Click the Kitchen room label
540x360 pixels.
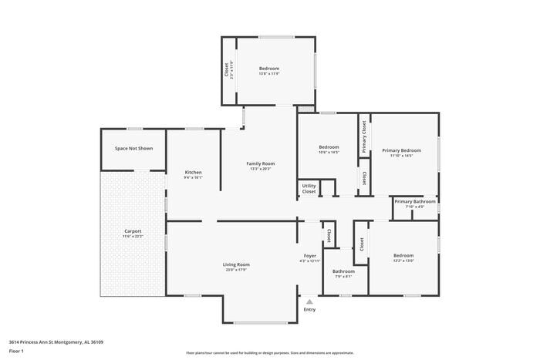pos(193,172)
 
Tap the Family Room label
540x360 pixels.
pos(260,163)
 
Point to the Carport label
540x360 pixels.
pos(133,230)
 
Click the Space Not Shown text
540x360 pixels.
pos(133,148)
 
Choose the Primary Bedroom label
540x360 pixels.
pos(401,150)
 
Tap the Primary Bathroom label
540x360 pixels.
pos(415,201)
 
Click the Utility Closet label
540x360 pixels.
pos(309,188)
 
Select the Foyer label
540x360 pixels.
pos(309,255)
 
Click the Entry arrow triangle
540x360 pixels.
pos(309,301)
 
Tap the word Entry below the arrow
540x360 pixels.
pos(309,309)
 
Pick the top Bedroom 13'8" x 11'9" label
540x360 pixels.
pos(269,69)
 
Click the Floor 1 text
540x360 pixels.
pos(16,351)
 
